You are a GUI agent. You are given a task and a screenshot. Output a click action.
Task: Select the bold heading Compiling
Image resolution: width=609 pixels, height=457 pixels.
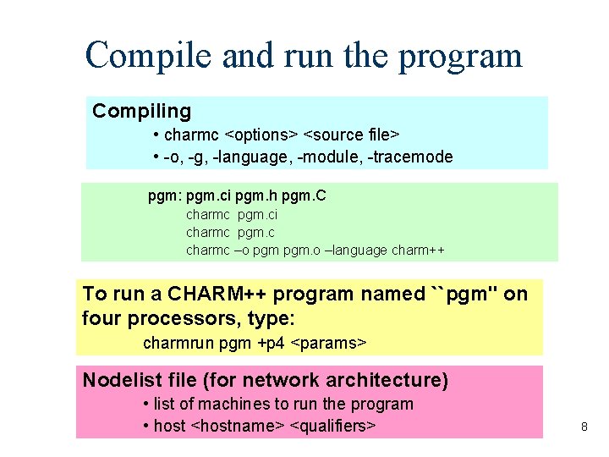(x=142, y=111)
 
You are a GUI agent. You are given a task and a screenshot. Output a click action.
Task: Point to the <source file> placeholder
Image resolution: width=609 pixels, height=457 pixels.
(x=352, y=135)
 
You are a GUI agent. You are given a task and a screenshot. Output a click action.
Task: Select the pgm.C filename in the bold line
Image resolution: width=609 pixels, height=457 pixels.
(x=307, y=196)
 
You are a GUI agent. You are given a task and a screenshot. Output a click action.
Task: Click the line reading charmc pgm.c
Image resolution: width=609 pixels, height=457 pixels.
(x=231, y=233)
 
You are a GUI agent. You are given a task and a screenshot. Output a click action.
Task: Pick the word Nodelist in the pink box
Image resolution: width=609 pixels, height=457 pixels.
(x=118, y=380)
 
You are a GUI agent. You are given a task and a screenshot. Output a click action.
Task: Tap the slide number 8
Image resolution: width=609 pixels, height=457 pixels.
(x=584, y=427)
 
